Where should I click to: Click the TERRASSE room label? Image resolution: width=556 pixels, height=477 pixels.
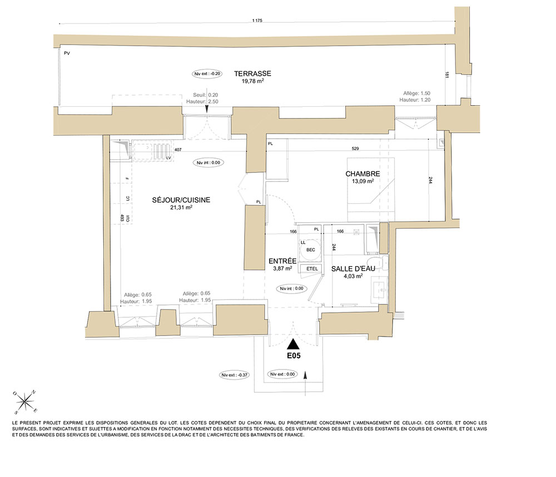coord(252,73)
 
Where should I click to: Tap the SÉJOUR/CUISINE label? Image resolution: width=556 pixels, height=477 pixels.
coord(181,200)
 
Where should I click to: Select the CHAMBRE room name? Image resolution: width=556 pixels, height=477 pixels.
coord(363,174)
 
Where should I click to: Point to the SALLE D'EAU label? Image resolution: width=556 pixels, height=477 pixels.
coord(353,269)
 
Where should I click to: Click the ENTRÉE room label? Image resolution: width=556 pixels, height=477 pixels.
coord(282,261)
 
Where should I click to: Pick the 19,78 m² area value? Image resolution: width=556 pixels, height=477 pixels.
coord(252,81)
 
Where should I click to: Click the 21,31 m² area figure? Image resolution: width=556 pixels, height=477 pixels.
coord(181,207)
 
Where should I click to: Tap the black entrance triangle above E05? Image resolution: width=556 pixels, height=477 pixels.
coord(293,344)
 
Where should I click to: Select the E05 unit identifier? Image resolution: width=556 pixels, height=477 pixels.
coord(294,355)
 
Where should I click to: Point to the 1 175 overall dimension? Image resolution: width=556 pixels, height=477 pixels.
coord(257,21)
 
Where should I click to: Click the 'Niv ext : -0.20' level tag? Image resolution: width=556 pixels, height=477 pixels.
coord(207,74)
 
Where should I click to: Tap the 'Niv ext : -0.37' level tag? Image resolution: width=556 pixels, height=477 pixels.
coord(235,375)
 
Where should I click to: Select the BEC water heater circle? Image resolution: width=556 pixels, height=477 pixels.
coord(311,250)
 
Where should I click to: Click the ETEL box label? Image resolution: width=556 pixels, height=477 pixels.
coord(312,269)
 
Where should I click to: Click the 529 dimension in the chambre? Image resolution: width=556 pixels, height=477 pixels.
coord(355,149)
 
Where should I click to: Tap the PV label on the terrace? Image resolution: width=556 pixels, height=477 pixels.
coord(67,53)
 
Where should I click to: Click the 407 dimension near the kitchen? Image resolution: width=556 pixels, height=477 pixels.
coord(178,150)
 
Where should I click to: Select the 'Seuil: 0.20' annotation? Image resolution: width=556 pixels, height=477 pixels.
coord(205,95)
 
